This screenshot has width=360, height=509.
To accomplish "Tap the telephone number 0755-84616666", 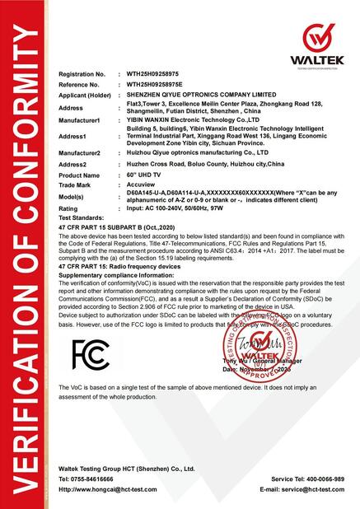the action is (94, 479).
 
